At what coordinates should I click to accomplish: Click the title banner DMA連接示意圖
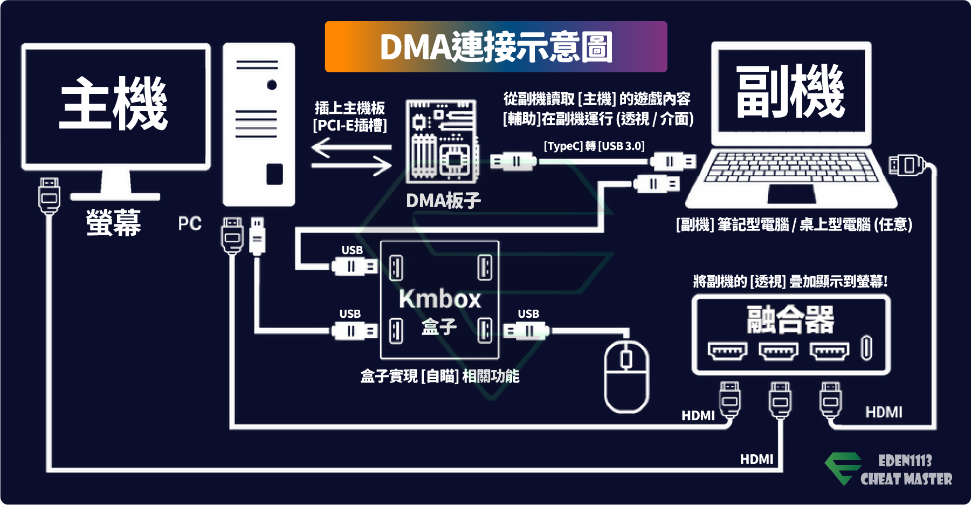[496, 47]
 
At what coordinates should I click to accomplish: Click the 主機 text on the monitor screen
[114, 103]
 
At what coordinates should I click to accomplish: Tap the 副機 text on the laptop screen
[790, 91]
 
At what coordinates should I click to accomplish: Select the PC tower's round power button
[272, 85]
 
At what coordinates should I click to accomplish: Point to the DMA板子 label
[443, 201]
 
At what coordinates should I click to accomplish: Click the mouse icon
[626, 377]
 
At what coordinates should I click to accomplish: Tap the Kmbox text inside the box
[440, 299]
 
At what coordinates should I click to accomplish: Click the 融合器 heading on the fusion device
[790, 319]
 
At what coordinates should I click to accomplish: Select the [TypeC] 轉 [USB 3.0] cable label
[594, 146]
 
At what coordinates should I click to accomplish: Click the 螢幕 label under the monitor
[114, 222]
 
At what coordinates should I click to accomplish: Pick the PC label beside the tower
[190, 223]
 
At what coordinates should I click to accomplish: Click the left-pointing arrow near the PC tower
[352, 147]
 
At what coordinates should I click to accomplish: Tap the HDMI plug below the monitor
[49, 196]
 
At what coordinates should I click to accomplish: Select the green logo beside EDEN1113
[843, 468]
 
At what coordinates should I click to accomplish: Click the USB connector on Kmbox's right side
[526, 330]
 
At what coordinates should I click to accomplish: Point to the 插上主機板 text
[350, 108]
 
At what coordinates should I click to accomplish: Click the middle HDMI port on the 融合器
[779, 351]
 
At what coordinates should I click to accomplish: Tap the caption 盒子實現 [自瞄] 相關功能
[440, 376]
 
